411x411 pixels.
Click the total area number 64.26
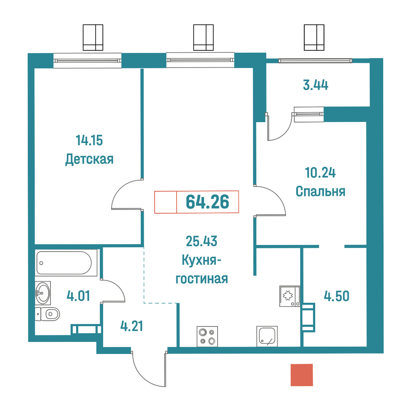(207, 202)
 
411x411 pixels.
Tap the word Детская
(89, 159)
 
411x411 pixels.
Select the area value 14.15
(89, 140)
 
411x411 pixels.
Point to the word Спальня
(320, 192)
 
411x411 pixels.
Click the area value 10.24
(320, 173)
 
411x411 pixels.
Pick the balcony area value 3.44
(316, 85)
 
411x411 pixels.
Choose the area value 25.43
(201, 241)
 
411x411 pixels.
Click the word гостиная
(201, 279)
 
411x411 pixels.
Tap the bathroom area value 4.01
(78, 296)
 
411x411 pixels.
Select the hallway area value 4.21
(132, 326)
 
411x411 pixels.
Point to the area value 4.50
(336, 296)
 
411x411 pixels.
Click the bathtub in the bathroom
(66, 263)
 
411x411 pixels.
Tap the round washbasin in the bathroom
(42, 293)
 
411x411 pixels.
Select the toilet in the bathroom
(48, 314)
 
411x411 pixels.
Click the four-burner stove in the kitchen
(207, 336)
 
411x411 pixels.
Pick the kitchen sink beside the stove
(267, 336)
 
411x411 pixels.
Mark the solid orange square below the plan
(302, 375)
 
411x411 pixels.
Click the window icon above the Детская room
(93, 38)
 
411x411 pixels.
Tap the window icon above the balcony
(314, 38)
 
